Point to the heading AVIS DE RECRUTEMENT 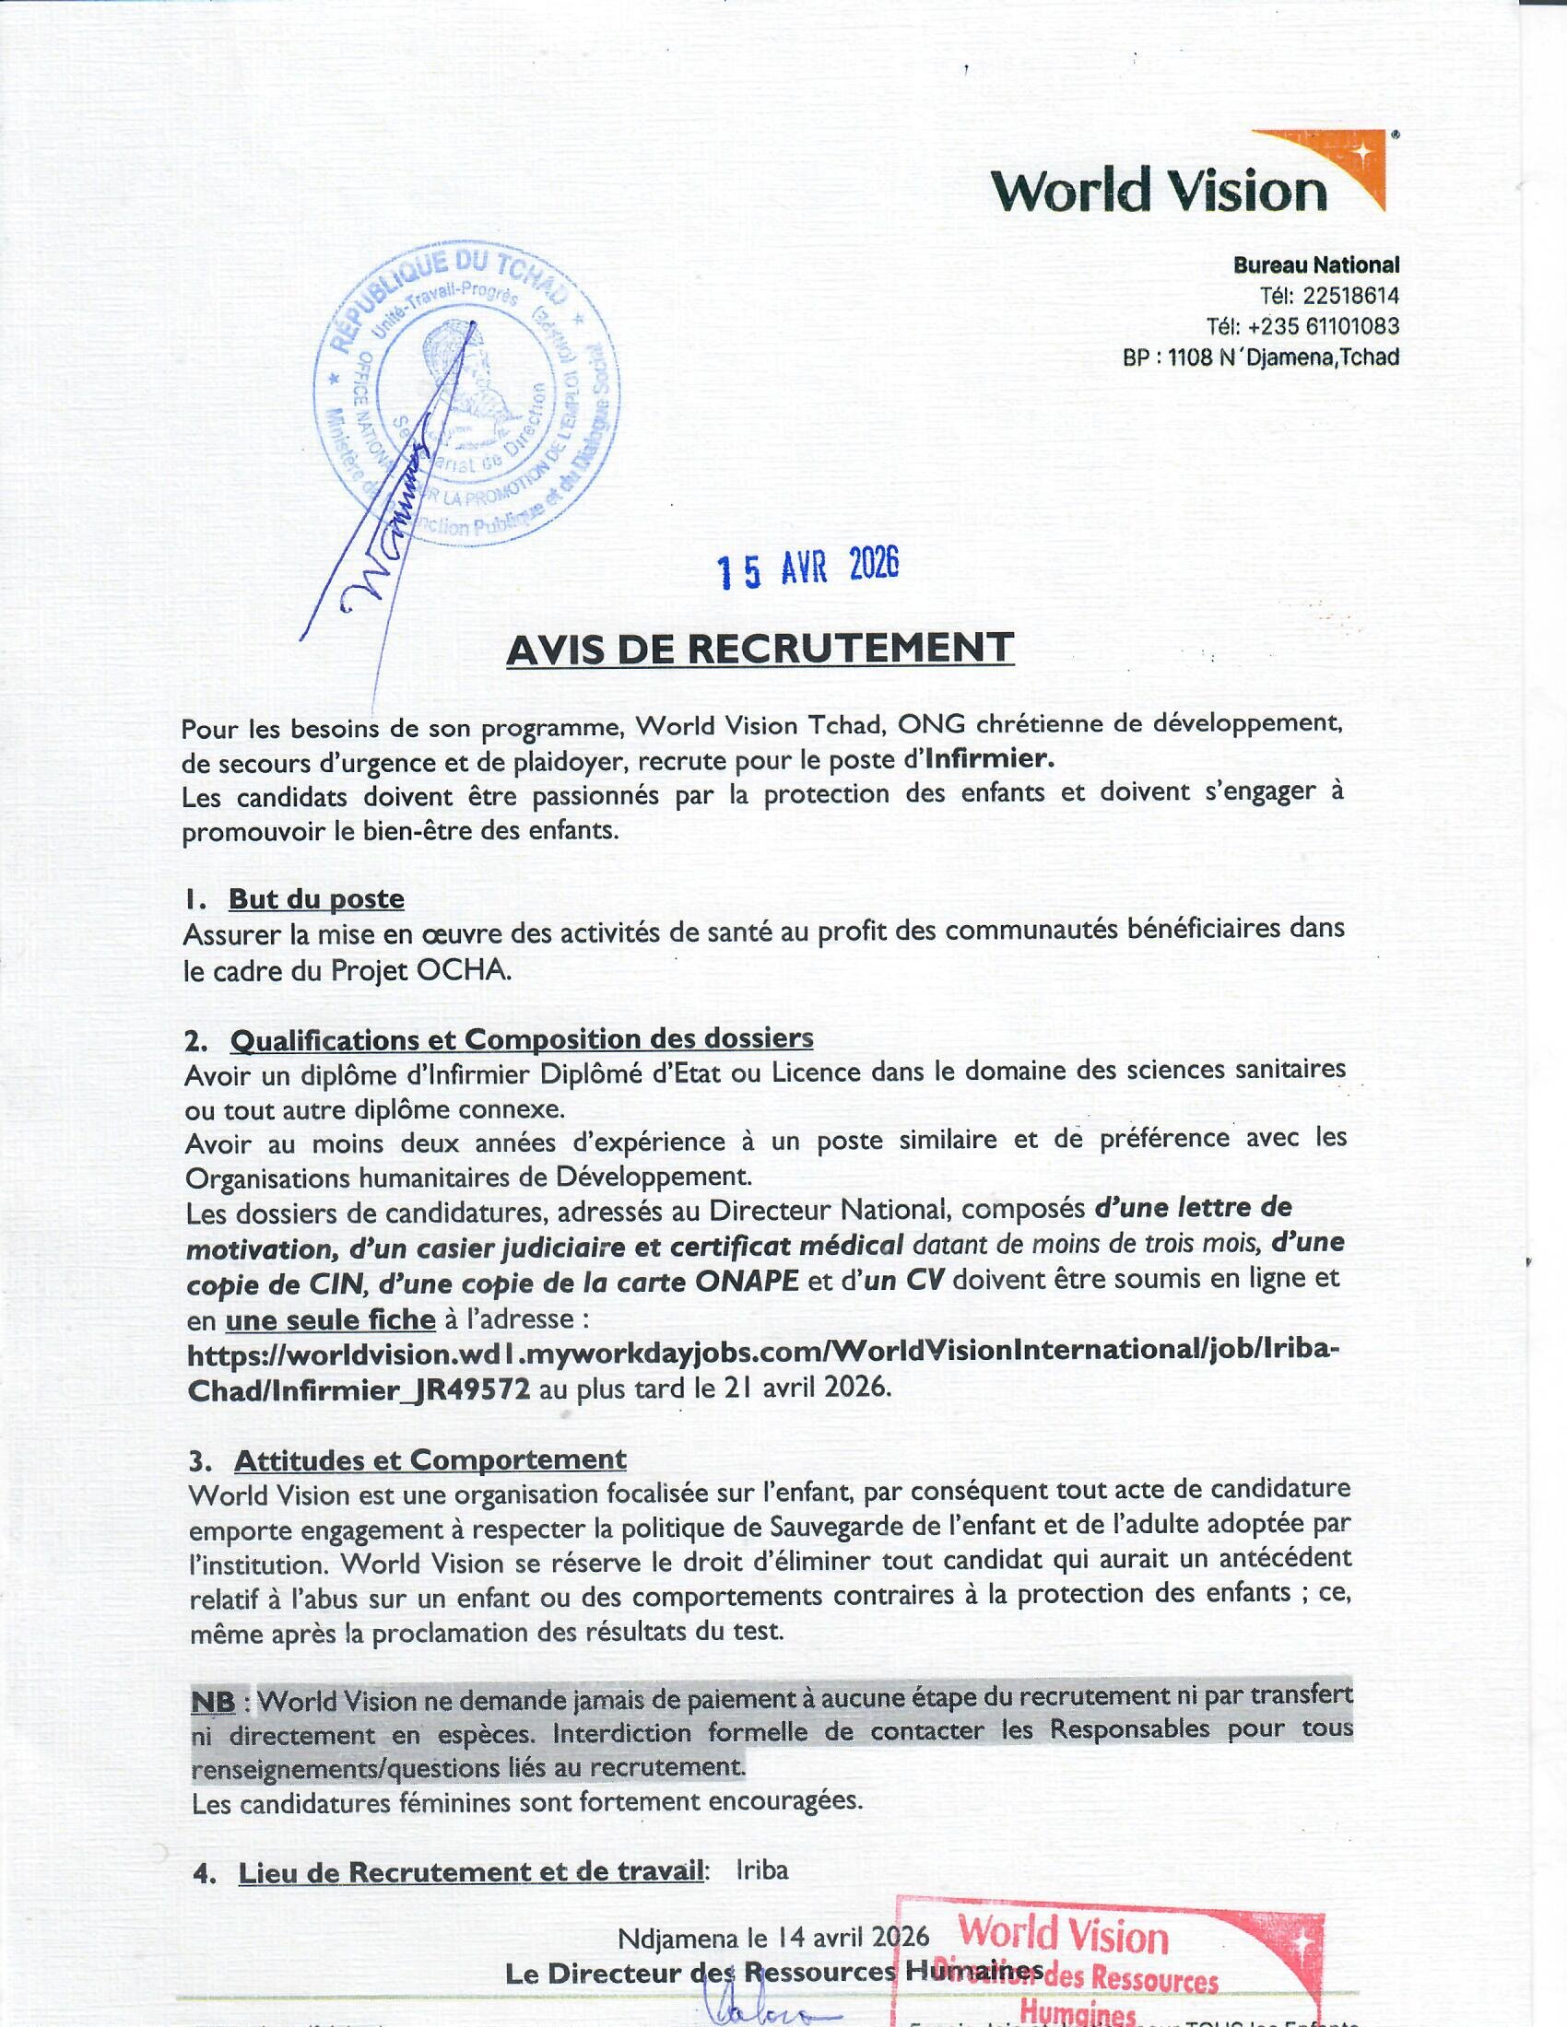(760, 649)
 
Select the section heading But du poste (315, 898)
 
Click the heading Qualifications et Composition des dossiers (521, 1039)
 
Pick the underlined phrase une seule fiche (331, 1318)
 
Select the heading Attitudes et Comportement (430, 1460)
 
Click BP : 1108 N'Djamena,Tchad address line (1261, 357)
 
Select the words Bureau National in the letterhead (1315, 265)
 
